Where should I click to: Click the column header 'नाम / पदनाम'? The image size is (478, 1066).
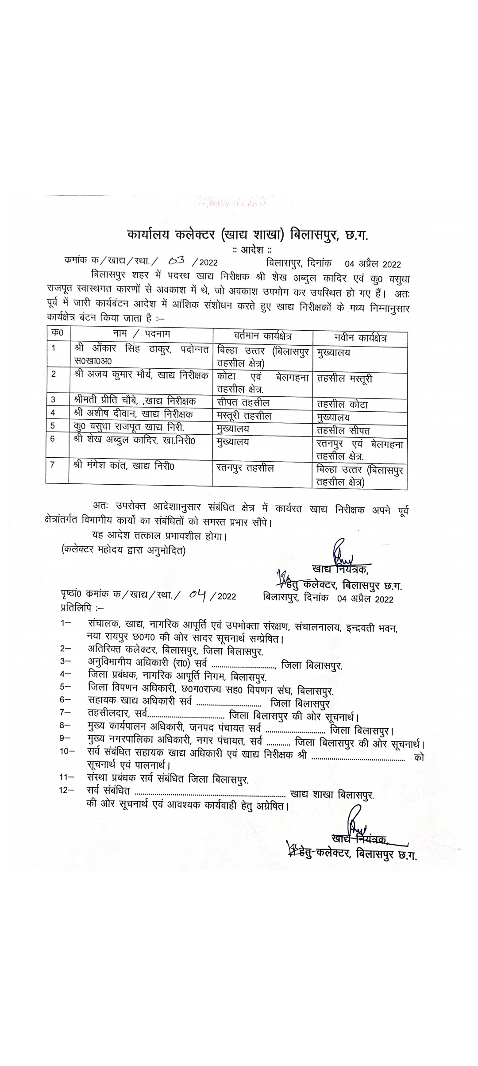(x=141, y=334)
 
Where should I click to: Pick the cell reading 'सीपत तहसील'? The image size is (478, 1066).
(x=243, y=402)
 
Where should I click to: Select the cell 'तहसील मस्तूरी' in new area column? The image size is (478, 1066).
(x=345, y=379)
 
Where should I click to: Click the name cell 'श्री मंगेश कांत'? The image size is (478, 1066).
(x=124, y=465)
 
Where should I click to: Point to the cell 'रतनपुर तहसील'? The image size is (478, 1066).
(x=246, y=467)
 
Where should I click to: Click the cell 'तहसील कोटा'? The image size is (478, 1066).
(x=343, y=405)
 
